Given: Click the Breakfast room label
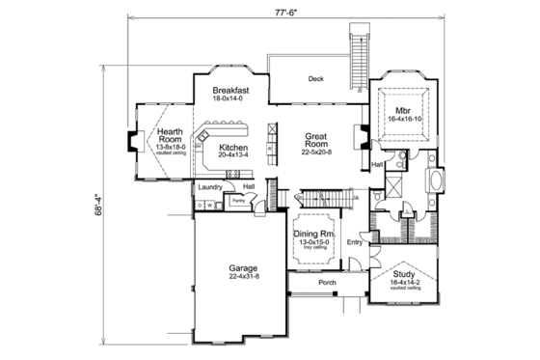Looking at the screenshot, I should pyautogui.click(x=232, y=89).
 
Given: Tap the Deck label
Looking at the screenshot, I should pyautogui.click(x=314, y=80).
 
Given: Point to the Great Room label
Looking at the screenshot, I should pyautogui.click(x=317, y=142).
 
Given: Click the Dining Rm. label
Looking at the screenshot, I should pyautogui.click(x=313, y=235).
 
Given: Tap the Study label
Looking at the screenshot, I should pyautogui.click(x=403, y=275).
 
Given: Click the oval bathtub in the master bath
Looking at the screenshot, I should pyautogui.click(x=433, y=180).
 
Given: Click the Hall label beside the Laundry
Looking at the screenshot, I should pyautogui.click(x=249, y=186).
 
